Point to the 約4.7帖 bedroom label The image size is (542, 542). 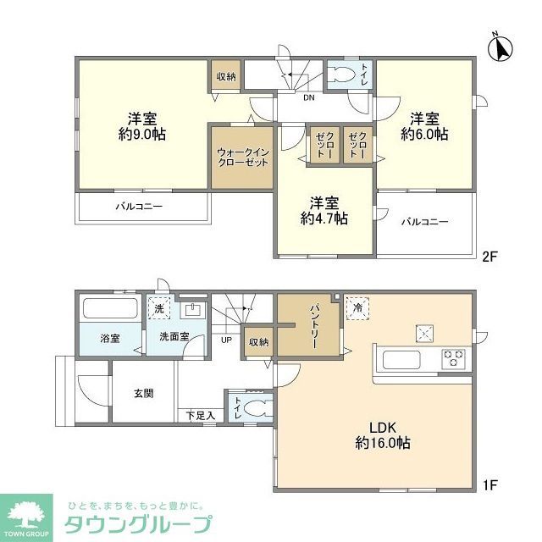[x=323, y=210]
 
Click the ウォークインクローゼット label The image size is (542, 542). [x=243, y=157]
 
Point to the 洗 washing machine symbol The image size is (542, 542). [x=158, y=310]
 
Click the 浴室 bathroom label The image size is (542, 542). [x=110, y=339]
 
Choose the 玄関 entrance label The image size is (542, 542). [x=142, y=393]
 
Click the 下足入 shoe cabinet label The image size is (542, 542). [x=200, y=415]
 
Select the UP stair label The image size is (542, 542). [x=226, y=340]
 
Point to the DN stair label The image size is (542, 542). [x=310, y=97]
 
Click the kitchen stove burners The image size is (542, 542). [x=453, y=358]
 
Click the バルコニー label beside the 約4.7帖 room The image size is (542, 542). [x=425, y=222]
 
